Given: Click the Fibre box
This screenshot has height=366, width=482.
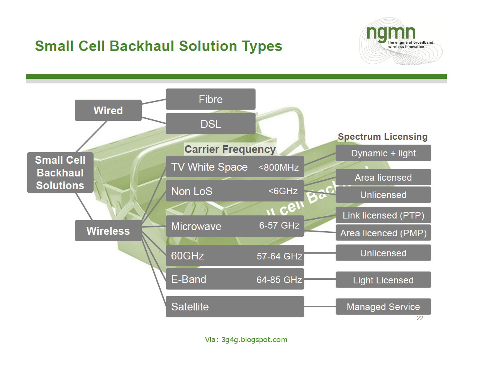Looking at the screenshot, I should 210,99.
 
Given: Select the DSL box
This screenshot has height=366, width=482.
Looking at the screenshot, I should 210,124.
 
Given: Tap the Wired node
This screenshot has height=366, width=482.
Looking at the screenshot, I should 108,110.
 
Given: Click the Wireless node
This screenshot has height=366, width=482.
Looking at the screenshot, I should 108,231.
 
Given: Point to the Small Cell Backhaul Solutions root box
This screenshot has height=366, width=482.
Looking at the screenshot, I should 60,173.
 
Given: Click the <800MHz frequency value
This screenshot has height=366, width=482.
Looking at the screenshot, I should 278,168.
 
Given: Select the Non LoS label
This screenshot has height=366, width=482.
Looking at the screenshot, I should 192,191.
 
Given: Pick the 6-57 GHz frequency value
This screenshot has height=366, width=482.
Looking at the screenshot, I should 279,225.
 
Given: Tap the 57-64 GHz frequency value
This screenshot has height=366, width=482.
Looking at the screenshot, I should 279,256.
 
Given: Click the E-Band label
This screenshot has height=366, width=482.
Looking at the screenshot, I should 188,279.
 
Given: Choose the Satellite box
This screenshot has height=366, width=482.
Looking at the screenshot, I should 235,307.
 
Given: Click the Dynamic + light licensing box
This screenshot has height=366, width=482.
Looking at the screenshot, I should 383,153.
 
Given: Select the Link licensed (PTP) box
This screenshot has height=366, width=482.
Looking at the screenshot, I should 383,215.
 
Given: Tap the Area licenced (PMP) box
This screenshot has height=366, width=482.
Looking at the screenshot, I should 383,233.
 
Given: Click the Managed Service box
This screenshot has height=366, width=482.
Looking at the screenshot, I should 383,307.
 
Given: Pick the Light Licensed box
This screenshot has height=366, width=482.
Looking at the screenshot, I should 383,280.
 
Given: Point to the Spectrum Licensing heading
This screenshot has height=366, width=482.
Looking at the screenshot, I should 382,137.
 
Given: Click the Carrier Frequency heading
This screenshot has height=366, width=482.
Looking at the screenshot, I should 230,149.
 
